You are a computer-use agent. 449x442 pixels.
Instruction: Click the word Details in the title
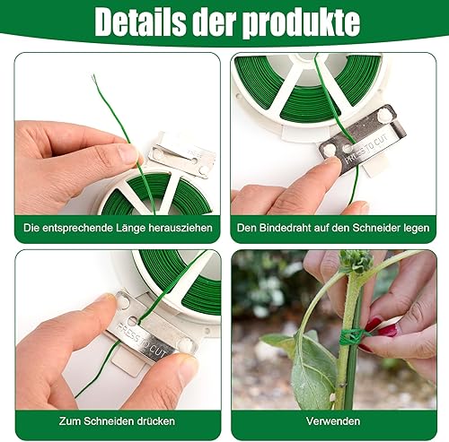point(139,22)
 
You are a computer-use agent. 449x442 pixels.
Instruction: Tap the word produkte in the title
point(301,23)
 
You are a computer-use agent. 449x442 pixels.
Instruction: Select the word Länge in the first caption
point(129,228)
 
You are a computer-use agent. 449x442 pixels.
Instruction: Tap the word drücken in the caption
point(156,421)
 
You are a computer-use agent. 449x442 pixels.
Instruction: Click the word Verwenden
point(333,421)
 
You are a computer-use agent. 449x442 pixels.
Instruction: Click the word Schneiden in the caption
point(109,421)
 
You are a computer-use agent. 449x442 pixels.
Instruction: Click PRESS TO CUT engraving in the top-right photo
point(366,149)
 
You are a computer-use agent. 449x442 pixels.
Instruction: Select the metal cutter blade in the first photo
point(181,158)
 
